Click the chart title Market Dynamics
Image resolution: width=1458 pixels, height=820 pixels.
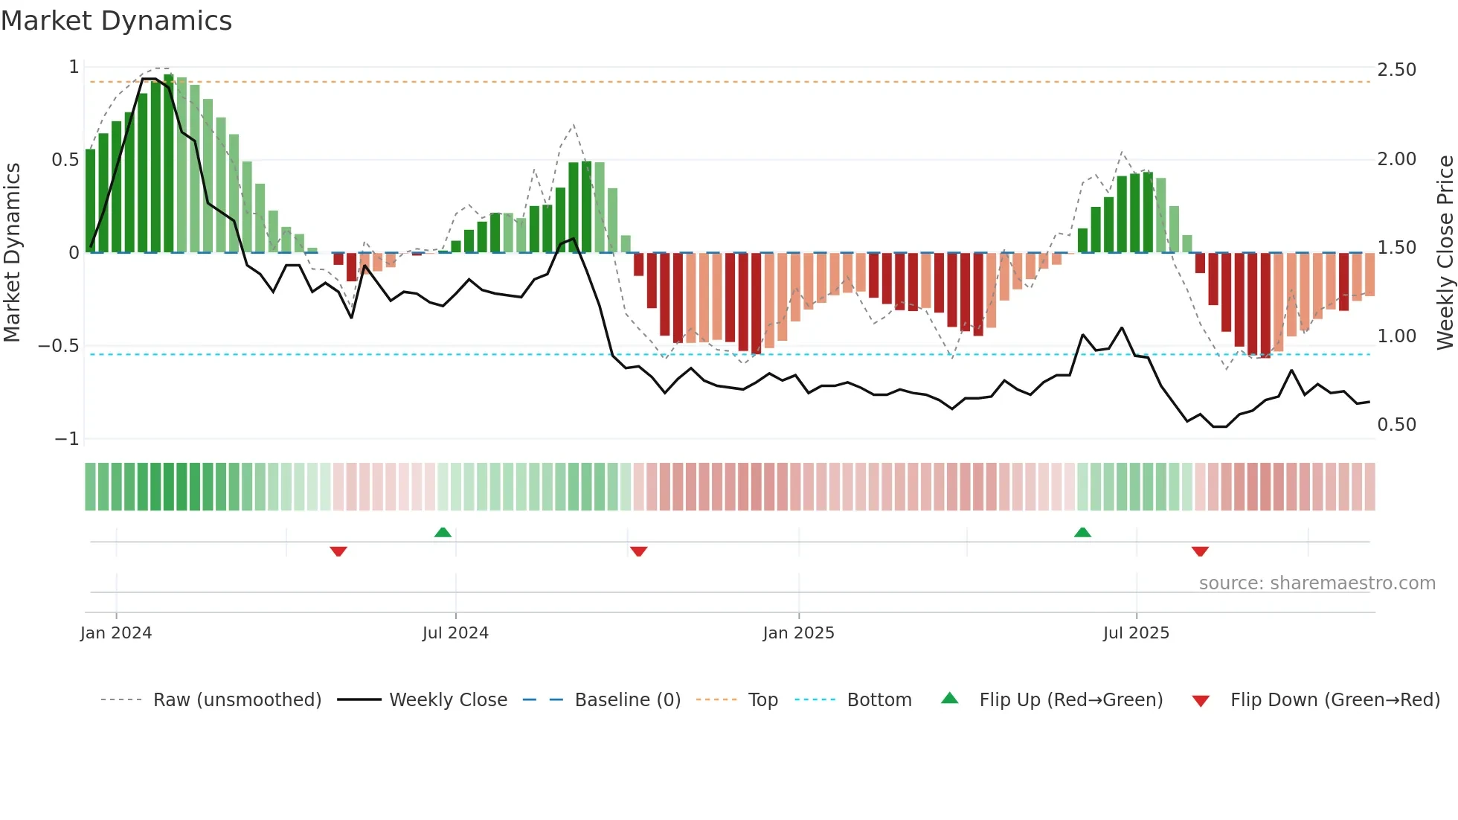[x=117, y=21]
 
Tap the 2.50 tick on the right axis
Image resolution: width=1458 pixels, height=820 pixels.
[x=1396, y=70]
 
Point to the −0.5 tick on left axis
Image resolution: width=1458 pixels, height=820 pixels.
[x=58, y=346]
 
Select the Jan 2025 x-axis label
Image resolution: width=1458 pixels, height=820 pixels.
[x=798, y=633]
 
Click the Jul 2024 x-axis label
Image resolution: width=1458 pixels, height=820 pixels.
[x=455, y=633]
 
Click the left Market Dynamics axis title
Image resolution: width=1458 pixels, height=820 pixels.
[x=12, y=253]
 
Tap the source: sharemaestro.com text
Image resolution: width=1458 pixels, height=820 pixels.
[x=1317, y=583]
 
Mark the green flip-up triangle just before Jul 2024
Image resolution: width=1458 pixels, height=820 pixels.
[x=443, y=533]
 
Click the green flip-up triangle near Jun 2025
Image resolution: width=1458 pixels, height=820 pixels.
[x=1082, y=533]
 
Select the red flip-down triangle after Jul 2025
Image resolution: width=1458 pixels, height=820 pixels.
[x=1200, y=551]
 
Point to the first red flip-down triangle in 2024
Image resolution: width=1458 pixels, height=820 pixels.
[x=338, y=551]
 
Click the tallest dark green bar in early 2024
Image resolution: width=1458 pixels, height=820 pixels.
[x=169, y=164]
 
